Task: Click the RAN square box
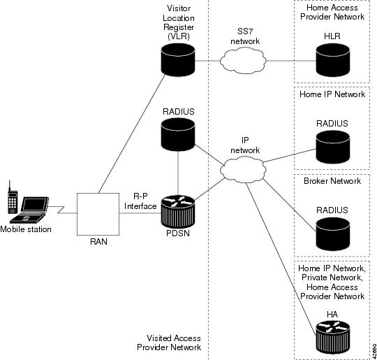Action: [x=98, y=214]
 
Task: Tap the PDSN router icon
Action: [x=178, y=212]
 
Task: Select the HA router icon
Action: [x=333, y=337]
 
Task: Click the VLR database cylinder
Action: [x=178, y=59]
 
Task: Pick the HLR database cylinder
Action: [x=333, y=60]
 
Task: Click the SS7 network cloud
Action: [x=244, y=60]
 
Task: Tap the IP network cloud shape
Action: [x=244, y=170]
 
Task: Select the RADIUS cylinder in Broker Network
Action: [x=333, y=234]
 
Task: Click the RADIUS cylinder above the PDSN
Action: [x=178, y=134]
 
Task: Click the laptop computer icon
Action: [x=29, y=210]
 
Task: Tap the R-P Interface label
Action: [x=140, y=201]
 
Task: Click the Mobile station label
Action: [x=26, y=229]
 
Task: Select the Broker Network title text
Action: [x=332, y=181]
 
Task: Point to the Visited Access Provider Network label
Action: [x=169, y=343]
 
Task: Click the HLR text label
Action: [x=332, y=36]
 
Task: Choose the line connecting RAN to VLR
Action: [x=132, y=134]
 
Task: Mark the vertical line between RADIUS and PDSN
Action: [x=178, y=173]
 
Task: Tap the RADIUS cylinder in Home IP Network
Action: [x=333, y=147]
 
